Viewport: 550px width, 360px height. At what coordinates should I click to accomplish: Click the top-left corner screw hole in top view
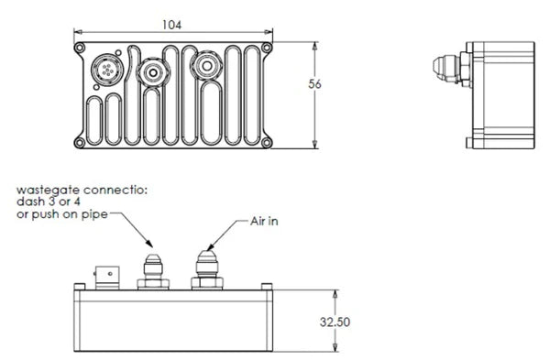point(81,47)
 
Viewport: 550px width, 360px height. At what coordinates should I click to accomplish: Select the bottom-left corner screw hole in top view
point(81,141)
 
